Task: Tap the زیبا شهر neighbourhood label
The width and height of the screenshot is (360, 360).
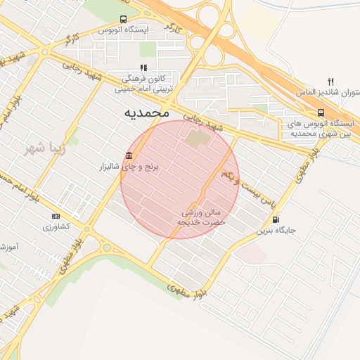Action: (x=44, y=148)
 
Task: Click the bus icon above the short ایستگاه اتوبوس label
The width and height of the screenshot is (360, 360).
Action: (x=124, y=20)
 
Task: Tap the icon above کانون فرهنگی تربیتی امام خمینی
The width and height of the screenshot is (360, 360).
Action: (x=143, y=68)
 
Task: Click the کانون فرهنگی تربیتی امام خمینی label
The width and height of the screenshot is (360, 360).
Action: (x=143, y=84)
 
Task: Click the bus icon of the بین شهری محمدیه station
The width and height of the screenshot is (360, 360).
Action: (x=321, y=112)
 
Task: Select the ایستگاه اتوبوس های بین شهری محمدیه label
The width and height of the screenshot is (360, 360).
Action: (x=321, y=128)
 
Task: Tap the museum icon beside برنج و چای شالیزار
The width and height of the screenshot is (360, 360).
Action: (x=128, y=156)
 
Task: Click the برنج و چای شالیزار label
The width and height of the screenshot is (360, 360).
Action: (x=129, y=167)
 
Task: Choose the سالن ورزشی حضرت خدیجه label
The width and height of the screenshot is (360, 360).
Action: (x=202, y=216)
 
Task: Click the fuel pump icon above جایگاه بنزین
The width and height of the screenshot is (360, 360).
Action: (x=275, y=219)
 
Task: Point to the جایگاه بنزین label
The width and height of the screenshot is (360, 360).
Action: (x=276, y=230)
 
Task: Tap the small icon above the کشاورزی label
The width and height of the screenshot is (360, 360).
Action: (x=56, y=216)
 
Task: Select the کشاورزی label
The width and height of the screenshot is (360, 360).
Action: (x=56, y=226)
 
